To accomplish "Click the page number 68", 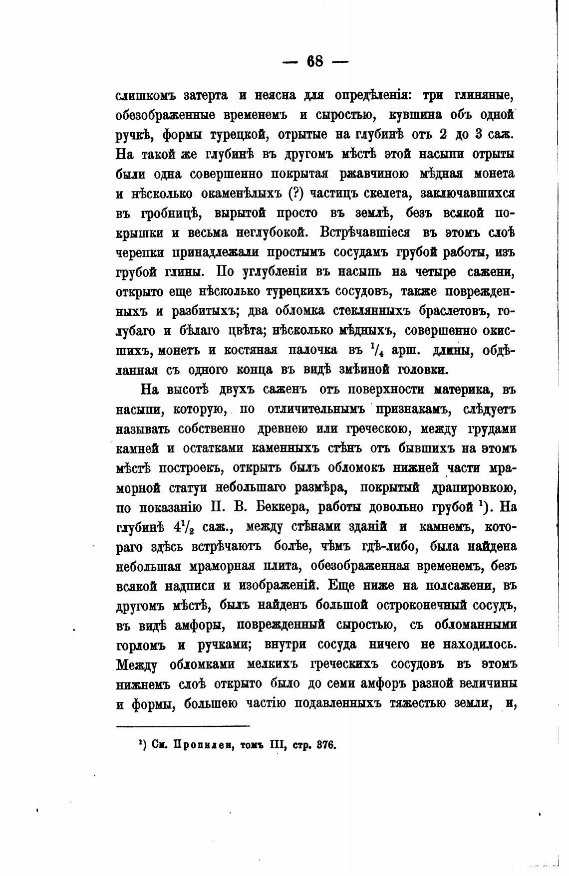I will coord(315,61).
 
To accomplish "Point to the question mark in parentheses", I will coord(299,193).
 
